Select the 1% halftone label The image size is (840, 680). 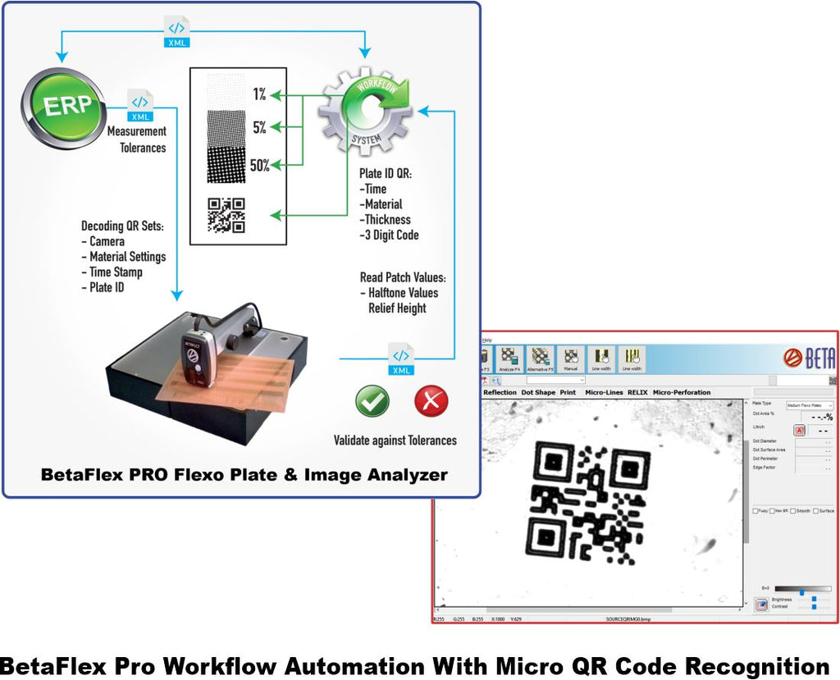tap(259, 95)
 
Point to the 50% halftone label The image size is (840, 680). tap(260, 165)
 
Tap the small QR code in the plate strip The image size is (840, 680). tap(226, 216)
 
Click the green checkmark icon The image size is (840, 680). tap(372, 401)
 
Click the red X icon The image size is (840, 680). tap(431, 401)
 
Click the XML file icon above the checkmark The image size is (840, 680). tap(400, 359)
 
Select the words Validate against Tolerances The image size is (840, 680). tap(395, 440)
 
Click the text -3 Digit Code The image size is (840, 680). tap(389, 235)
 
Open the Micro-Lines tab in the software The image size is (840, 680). tap(603, 392)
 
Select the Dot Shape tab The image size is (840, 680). tap(538, 392)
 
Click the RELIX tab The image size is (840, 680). tap(637, 392)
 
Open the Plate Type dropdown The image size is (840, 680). tap(809, 405)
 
